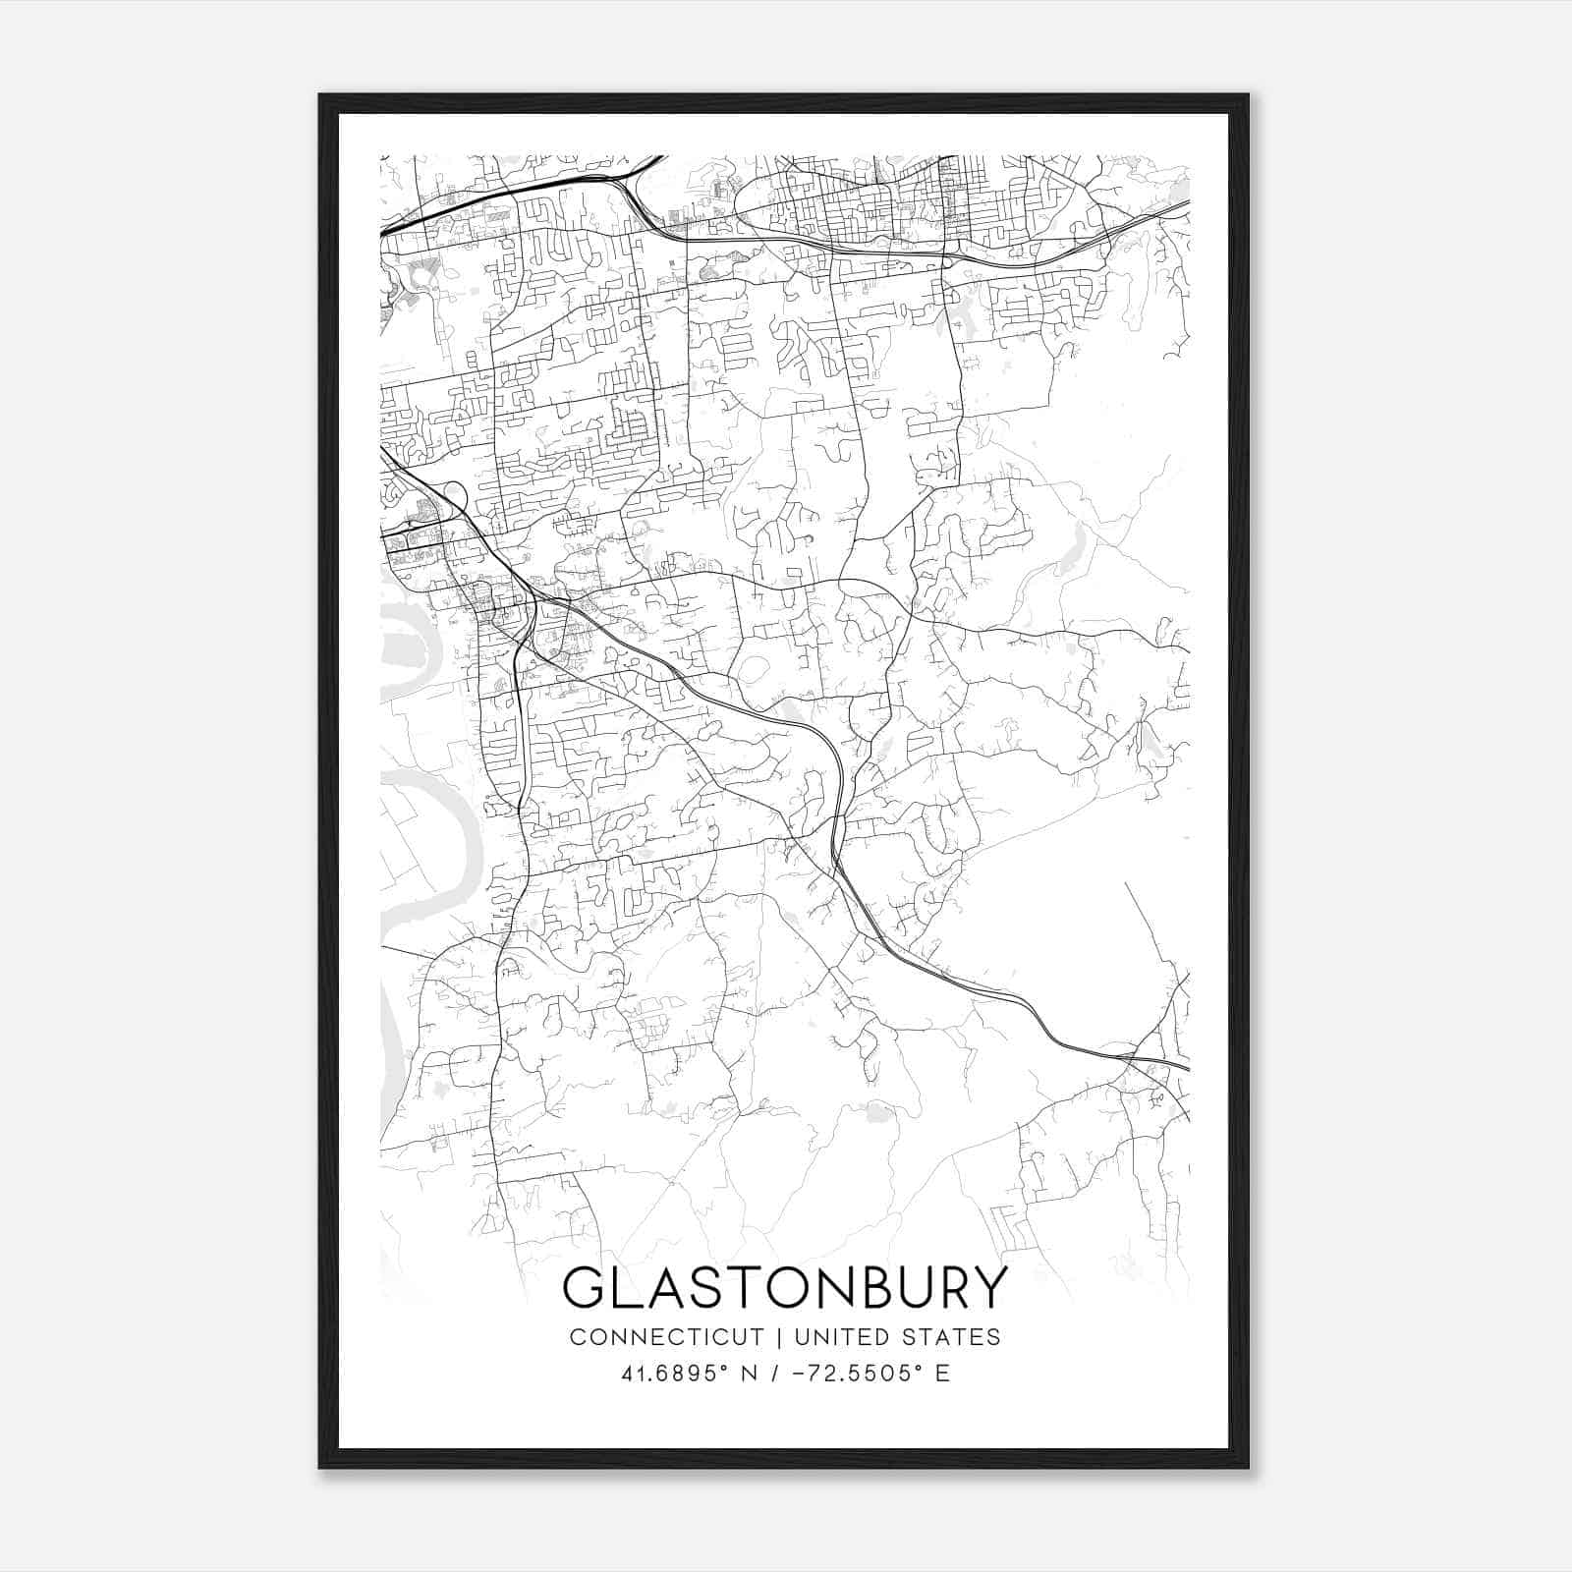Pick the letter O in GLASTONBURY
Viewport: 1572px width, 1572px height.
click(x=783, y=1288)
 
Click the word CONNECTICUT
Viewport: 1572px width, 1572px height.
click(x=666, y=1337)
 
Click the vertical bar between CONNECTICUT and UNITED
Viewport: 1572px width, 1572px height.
click(x=778, y=1337)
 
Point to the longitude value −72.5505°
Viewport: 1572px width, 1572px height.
click(x=856, y=1374)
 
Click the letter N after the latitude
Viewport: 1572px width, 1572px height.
click(x=751, y=1374)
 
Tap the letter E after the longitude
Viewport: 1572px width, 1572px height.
click(x=942, y=1374)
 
